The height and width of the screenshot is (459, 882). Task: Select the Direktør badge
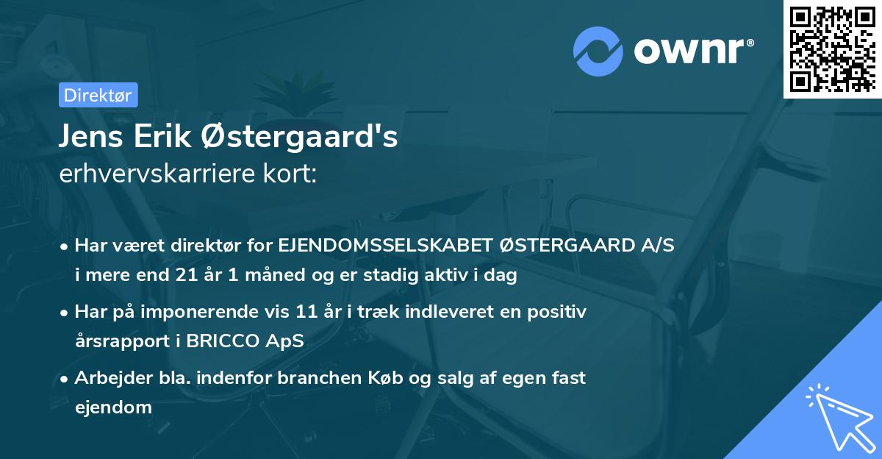coord(98,95)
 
